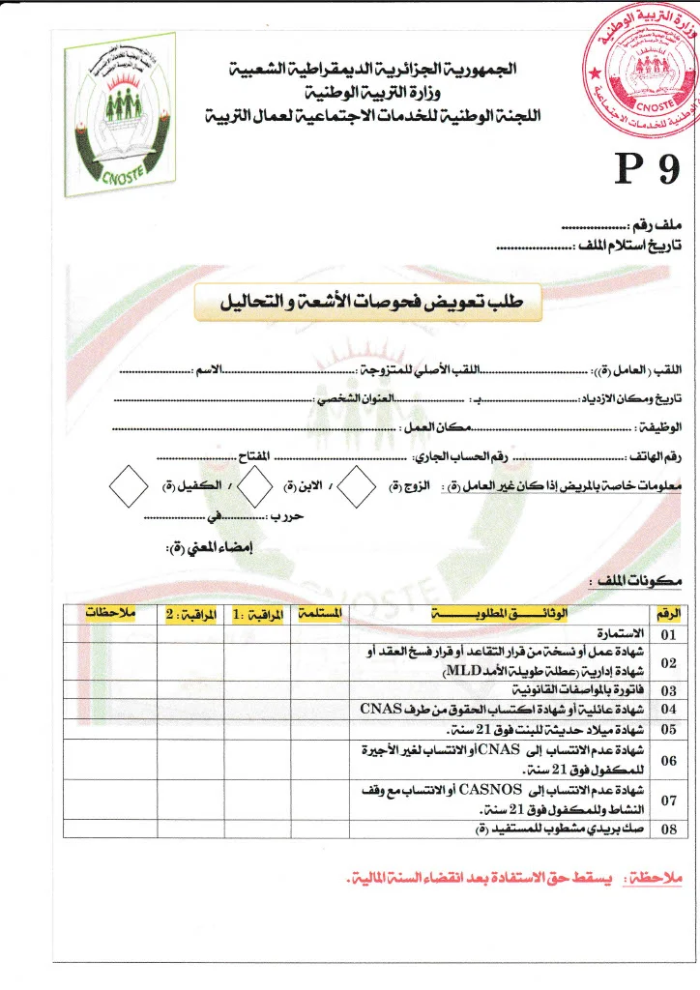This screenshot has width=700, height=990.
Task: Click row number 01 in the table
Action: [x=669, y=635]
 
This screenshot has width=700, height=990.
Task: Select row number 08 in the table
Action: [x=669, y=829]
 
